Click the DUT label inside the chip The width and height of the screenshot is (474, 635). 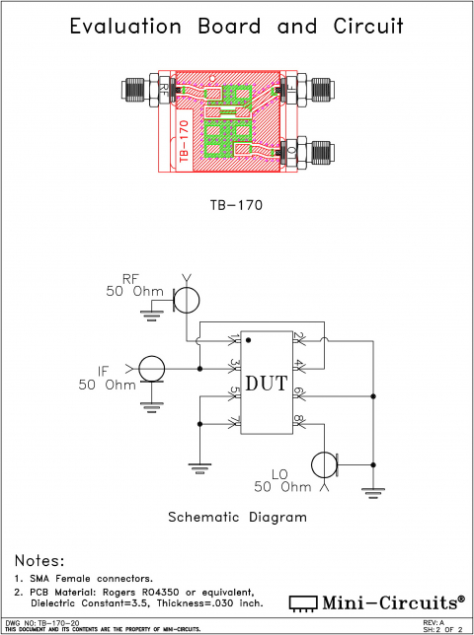[x=266, y=383]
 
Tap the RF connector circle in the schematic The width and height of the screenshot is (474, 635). [x=187, y=297]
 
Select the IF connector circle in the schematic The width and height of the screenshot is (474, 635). [x=151, y=369]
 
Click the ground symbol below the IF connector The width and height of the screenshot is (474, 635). [x=151, y=402]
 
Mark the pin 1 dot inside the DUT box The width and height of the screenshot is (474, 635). [x=248, y=340]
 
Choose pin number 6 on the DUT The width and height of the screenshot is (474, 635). [x=297, y=394]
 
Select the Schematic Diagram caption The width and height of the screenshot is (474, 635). [x=237, y=517]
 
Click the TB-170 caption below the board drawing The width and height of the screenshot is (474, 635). [x=237, y=206]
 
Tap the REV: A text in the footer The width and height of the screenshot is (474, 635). [x=434, y=623]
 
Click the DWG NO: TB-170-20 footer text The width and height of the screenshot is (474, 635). [x=42, y=623]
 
